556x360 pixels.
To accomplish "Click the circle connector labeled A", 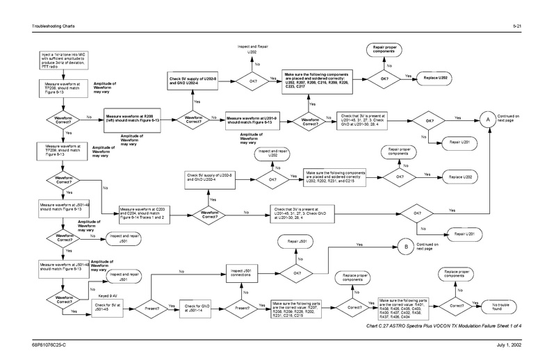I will tap(489, 120).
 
